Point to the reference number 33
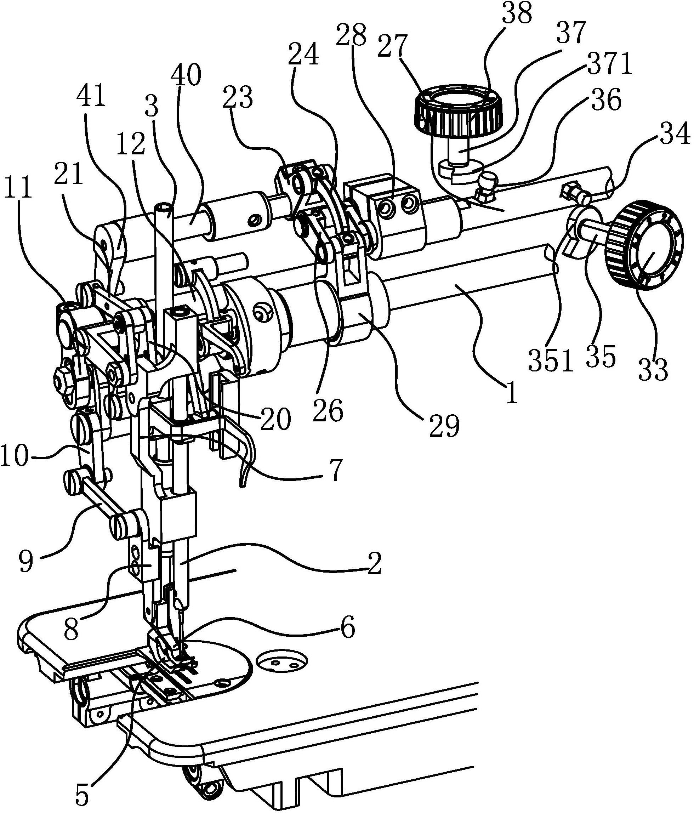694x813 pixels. [x=653, y=369]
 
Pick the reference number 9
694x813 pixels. [x=25, y=563]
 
